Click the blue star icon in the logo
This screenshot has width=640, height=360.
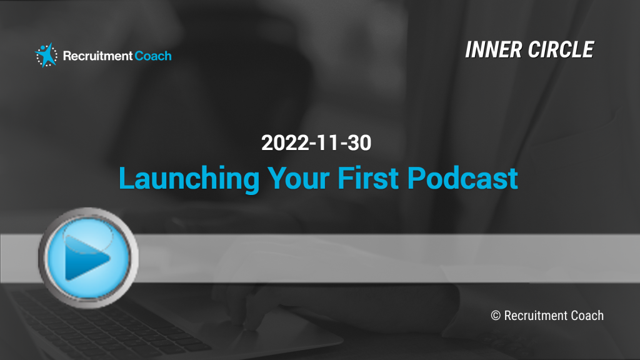coord(46,55)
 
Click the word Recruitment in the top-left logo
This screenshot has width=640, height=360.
coord(97,56)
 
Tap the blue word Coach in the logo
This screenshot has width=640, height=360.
coord(153,56)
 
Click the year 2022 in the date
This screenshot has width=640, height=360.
coord(285,143)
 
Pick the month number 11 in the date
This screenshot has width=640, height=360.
coord(327,143)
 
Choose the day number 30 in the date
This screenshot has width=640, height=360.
coord(359,143)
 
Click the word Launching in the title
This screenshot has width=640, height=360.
coord(189,179)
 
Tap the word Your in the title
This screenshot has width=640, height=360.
coord(298,179)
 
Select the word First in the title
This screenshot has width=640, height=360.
coord(367,178)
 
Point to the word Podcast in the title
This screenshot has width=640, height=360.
coord(462,178)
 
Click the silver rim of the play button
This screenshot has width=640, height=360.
coord(42,258)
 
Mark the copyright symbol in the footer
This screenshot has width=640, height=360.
coord(496,316)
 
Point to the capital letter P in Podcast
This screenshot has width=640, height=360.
coord(416,178)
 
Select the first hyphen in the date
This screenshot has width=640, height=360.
coord(314,144)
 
